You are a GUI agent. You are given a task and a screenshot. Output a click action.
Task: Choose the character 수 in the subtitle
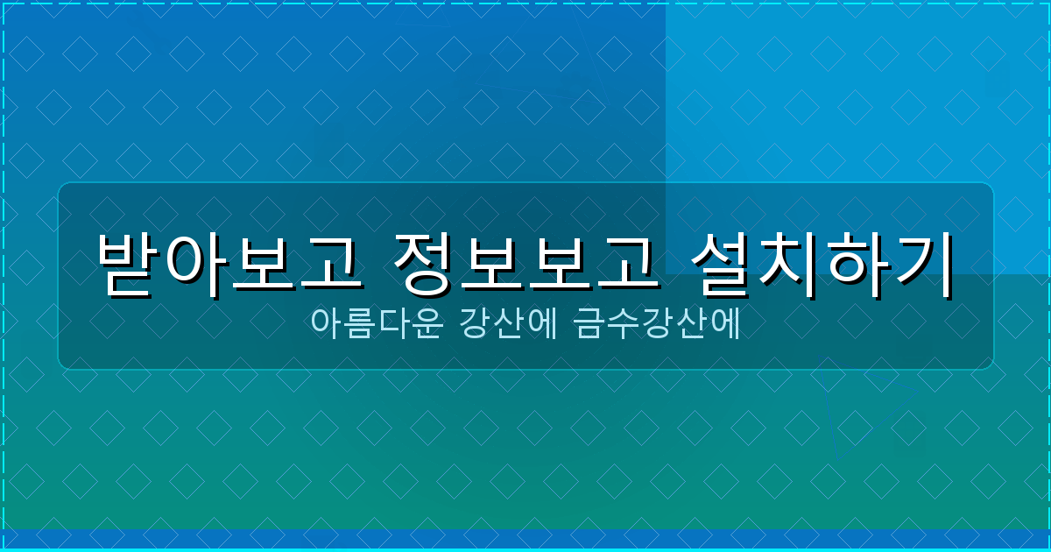pyautogui.click(x=624, y=323)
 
